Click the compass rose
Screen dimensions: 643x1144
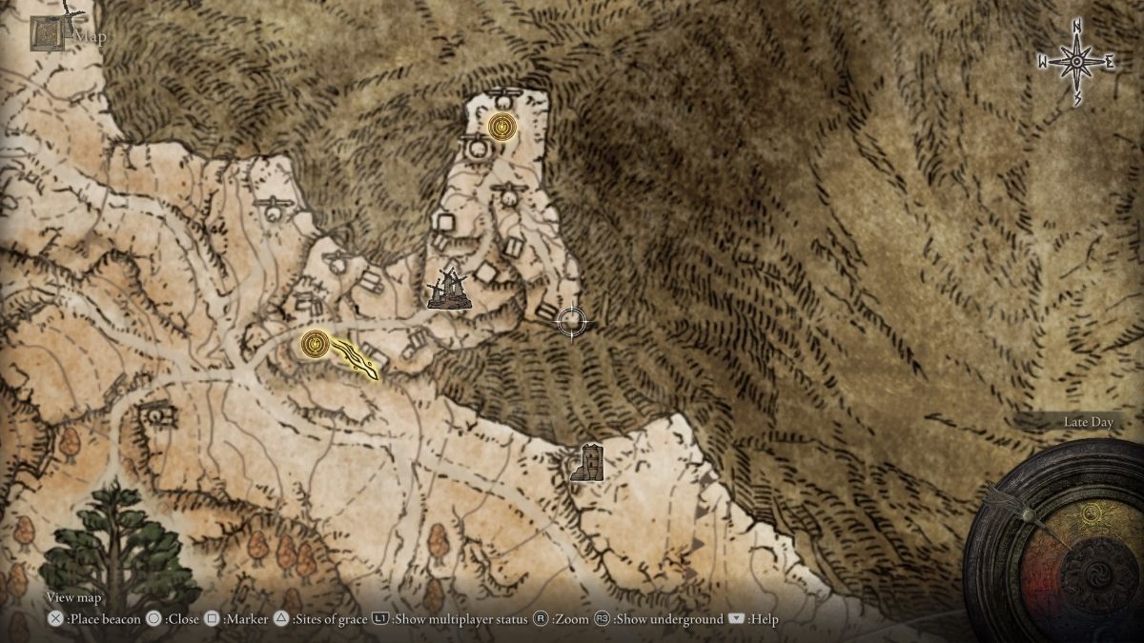[1076, 62]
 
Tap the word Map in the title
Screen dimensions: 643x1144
[91, 37]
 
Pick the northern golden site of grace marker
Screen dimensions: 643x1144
[501, 126]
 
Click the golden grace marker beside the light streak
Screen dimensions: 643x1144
[316, 344]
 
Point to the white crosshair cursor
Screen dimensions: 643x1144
[571, 322]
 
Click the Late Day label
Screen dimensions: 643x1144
[1088, 422]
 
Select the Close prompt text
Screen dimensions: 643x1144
[182, 619]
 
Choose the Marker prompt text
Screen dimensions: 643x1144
[243, 619]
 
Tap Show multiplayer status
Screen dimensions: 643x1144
[460, 619]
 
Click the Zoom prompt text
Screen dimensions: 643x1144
[569, 619]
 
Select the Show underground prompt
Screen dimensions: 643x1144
[667, 619]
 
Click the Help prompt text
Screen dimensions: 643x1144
[763, 619]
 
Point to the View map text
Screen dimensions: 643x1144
[73, 597]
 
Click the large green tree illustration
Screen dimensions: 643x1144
[119, 548]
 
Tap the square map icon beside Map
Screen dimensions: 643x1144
[48, 34]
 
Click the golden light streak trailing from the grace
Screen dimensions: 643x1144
[357, 360]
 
